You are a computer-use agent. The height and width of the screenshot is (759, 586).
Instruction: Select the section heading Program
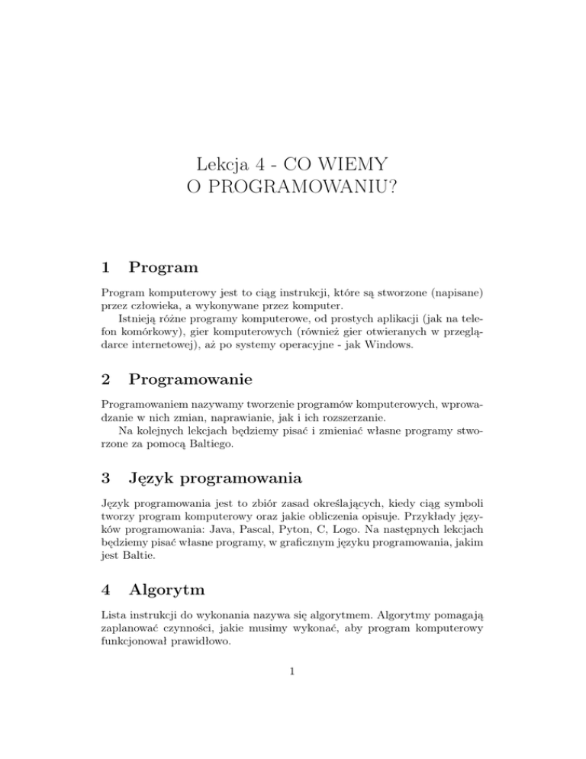[164, 268]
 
